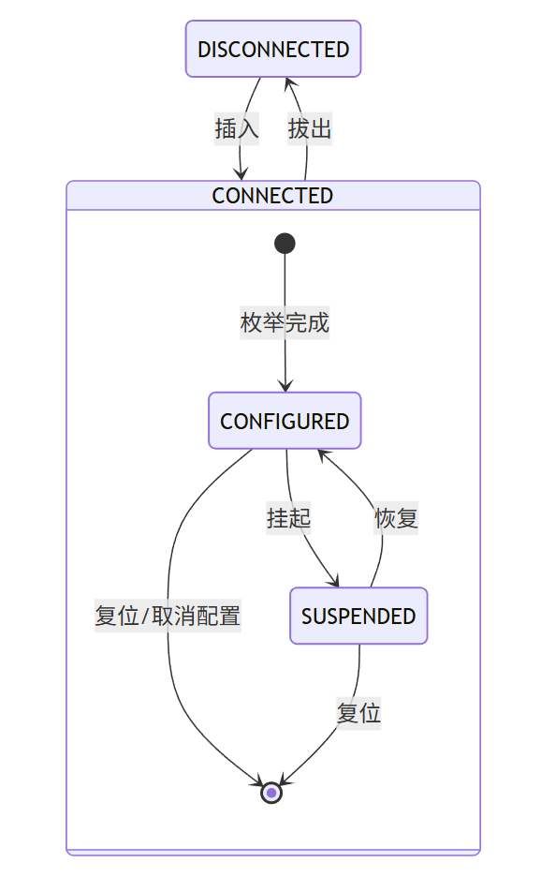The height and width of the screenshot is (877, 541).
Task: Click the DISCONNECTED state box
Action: [x=273, y=49]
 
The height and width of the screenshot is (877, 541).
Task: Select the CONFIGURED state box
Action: [x=285, y=421]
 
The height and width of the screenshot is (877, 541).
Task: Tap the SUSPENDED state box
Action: [x=358, y=616]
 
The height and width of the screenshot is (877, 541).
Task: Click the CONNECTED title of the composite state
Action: [x=272, y=195]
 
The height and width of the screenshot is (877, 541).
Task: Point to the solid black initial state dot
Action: [x=285, y=244]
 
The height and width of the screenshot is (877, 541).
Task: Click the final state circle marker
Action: [x=271, y=793]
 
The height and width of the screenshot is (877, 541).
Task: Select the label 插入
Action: [x=237, y=129]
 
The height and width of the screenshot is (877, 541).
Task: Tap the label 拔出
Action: [x=310, y=129]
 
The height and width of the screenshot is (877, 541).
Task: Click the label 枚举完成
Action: [x=285, y=323]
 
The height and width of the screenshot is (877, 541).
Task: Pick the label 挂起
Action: [x=288, y=517]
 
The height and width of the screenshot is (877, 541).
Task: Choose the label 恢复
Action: [x=397, y=517]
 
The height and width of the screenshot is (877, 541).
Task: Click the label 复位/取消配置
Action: [x=168, y=616]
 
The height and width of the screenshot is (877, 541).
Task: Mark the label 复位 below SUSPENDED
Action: [x=358, y=713]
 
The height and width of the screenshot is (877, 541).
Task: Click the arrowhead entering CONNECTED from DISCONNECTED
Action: [x=241, y=175]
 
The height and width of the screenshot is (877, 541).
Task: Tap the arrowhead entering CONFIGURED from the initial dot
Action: [x=285, y=386]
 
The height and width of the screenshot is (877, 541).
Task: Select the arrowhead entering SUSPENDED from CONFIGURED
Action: [x=334, y=582]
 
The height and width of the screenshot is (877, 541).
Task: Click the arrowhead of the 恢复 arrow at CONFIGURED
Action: [x=321, y=453]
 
